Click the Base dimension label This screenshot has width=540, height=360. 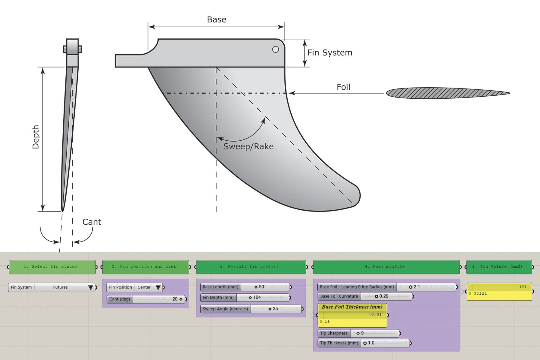coord(217,19)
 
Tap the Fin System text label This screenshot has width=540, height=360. coord(330,52)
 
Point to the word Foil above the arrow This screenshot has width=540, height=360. coord(343,87)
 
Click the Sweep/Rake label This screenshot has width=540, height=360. coord(248,146)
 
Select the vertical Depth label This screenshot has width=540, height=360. coord(36,137)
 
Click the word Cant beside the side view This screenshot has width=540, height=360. coord(92,222)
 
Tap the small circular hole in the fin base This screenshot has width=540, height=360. coord(275,49)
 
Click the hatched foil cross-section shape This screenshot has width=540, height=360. coord(447,93)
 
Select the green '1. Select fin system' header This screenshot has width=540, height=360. coord(52,267)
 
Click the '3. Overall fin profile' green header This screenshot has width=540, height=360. coord(251,267)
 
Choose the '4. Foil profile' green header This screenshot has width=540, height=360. coord(386,267)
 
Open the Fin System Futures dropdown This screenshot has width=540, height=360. coord(90,287)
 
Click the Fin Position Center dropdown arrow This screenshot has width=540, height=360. coord(158,287)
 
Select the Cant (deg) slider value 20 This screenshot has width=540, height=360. coord(175,299)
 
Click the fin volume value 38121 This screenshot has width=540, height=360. coord(480,293)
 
